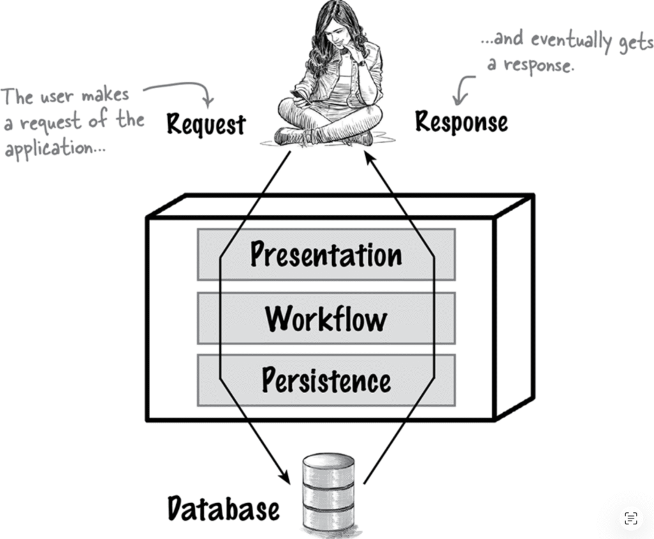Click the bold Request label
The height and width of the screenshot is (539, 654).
point(206,125)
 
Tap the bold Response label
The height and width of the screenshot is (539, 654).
point(461,121)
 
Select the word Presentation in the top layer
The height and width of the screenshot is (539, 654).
point(326,254)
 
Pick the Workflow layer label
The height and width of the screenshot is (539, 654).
point(326,318)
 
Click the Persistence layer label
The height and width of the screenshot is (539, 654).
point(326,380)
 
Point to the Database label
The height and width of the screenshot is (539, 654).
point(223,509)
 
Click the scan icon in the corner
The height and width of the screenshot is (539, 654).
point(631,518)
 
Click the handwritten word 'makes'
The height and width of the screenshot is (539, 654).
point(105,95)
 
